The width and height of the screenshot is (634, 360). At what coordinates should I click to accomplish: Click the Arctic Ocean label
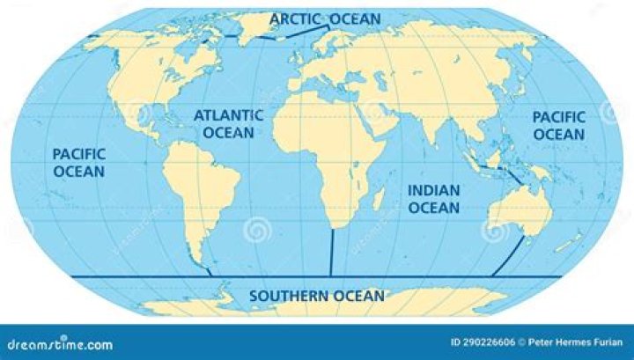point(325,18)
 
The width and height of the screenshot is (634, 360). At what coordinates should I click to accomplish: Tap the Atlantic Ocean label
point(228,123)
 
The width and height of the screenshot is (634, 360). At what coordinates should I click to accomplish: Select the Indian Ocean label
point(432,199)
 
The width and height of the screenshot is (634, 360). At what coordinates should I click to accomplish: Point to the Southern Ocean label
point(316,296)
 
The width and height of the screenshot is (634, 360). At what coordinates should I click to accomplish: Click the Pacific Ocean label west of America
point(78,162)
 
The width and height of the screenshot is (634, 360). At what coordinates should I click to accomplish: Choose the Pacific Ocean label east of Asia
point(558,125)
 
